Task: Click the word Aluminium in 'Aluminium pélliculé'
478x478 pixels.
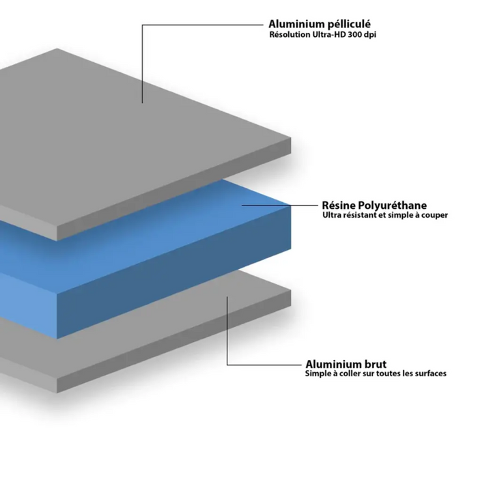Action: pos(292,24)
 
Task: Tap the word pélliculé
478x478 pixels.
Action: pos(345,25)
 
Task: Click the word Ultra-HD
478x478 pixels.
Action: pos(329,34)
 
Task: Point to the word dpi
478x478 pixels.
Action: pos(369,35)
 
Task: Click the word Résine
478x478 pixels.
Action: pos(338,205)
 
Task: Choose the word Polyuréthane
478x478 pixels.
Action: pos(391,206)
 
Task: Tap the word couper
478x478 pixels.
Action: pos(434,216)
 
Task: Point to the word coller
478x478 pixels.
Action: pos(350,374)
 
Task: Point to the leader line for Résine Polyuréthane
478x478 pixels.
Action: pos(280,206)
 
